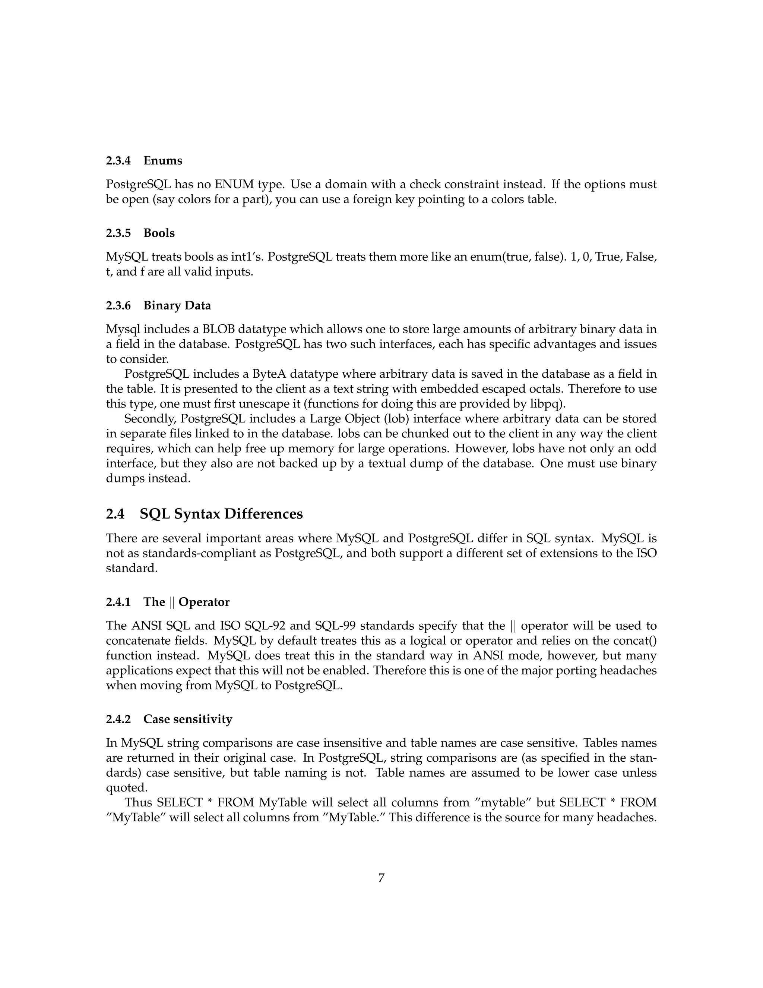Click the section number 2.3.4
point(118,161)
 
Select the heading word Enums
point(163,161)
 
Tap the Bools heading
point(159,233)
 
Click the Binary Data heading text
point(177,305)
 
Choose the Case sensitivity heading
point(188,719)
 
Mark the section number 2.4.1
point(118,602)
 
